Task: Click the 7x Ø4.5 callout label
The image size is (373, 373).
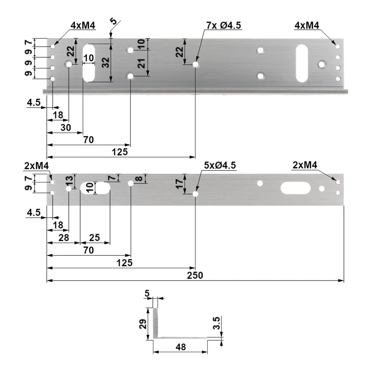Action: coord(224,25)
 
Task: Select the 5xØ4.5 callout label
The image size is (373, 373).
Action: coord(220,165)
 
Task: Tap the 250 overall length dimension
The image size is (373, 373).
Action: coord(195,275)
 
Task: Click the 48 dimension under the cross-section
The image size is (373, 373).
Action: coord(181,347)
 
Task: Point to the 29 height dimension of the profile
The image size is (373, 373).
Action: coord(143,324)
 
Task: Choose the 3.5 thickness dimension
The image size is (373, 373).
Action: coord(217,323)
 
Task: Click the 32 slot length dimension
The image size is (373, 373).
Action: coord(105,63)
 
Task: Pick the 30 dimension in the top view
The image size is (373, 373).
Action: coord(66,127)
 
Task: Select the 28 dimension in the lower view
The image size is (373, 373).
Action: coord(63,237)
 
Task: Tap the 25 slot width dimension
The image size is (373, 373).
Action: coord(94,237)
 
